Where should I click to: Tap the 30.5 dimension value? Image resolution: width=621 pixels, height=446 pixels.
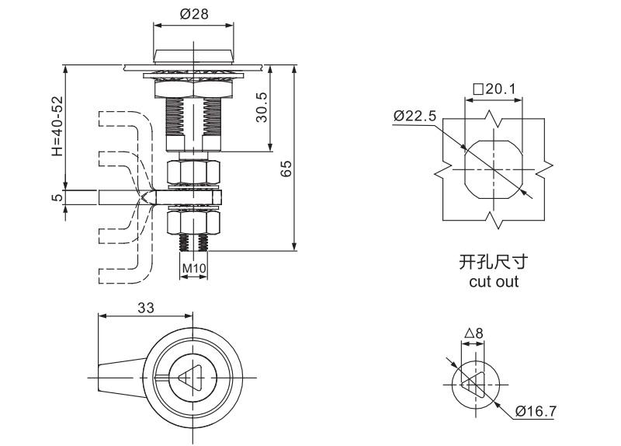click(x=262, y=107)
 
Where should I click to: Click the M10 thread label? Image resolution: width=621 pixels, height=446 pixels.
click(x=193, y=269)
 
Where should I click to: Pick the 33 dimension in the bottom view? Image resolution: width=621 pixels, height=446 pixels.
click(x=145, y=308)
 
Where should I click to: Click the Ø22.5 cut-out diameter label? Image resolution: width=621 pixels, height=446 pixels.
click(x=415, y=116)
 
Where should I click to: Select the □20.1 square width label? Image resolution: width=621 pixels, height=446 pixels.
click(x=494, y=89)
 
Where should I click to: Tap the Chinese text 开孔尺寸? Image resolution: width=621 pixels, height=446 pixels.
click(x=494, y=263)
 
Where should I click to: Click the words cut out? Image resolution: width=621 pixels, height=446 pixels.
click(x=494, y=282)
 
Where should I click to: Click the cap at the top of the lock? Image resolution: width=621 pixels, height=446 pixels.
click(x=193, y=55)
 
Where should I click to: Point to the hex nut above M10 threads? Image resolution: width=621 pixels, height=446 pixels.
click(x=193, y=225)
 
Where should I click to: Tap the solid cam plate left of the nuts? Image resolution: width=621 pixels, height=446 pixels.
click(x=124, y=197)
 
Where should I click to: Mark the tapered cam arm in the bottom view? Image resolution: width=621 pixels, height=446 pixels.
click(x=120, y=377)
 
